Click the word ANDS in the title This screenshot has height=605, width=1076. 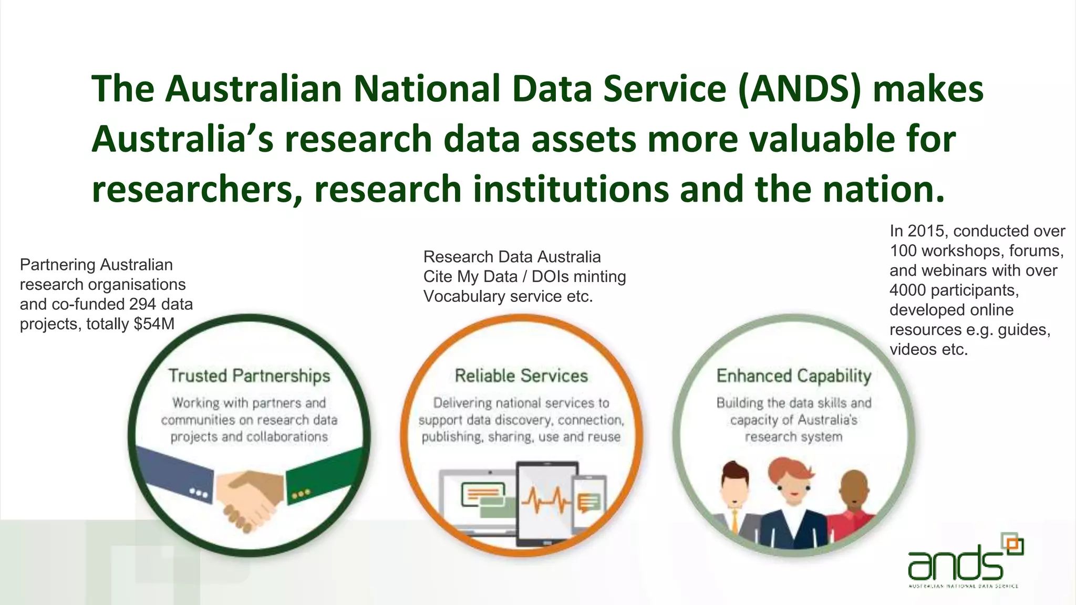799,89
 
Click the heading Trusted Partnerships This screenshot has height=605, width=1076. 249,376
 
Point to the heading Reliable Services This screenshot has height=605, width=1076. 521,376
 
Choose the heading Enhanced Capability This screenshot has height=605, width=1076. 793,376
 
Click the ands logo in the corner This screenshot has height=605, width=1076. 964,562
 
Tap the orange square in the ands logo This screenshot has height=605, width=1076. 1014,545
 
